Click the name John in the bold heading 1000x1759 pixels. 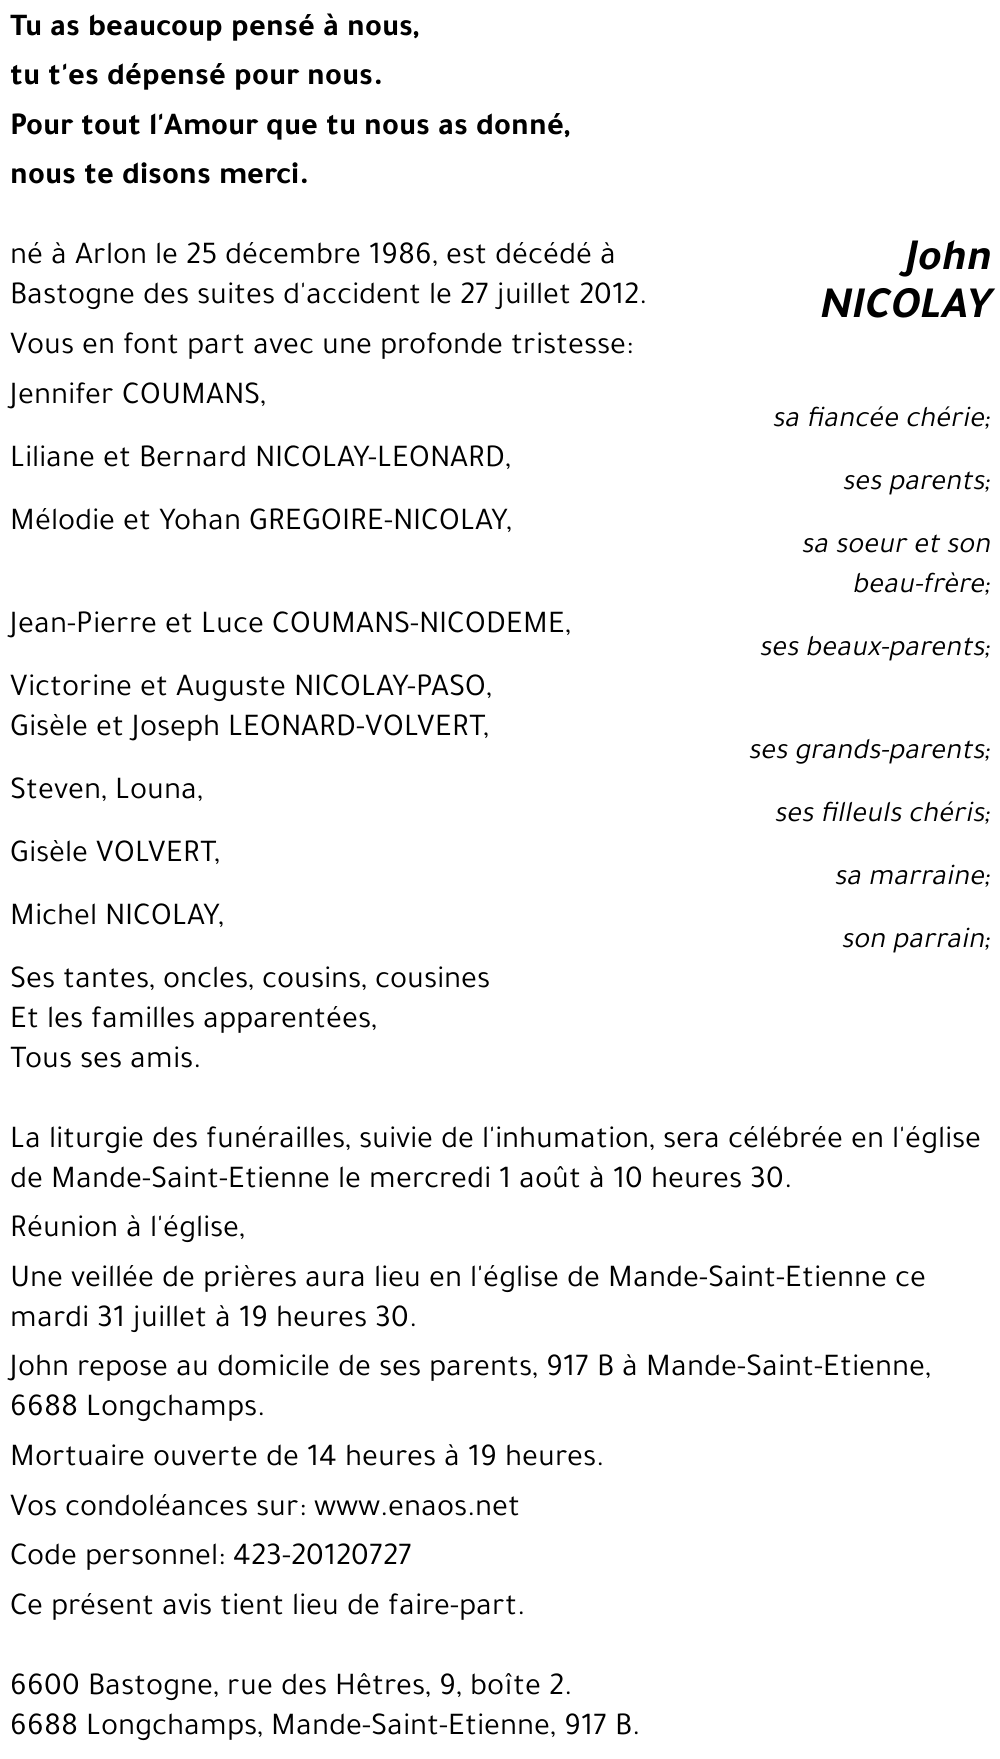click(x=946, y=257)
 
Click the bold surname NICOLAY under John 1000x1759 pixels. click(x=905, y=304)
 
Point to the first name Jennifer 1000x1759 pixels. click(x=62, y=394)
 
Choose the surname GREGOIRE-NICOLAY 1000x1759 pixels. click(x=380, y=520)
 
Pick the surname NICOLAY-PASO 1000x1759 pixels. click(x=393, y=686)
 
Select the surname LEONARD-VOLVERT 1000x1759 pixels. click(x=359, y=725)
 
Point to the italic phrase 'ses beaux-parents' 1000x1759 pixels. click(x=873, y=647)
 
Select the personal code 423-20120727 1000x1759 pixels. click(x=322, y=1555)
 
